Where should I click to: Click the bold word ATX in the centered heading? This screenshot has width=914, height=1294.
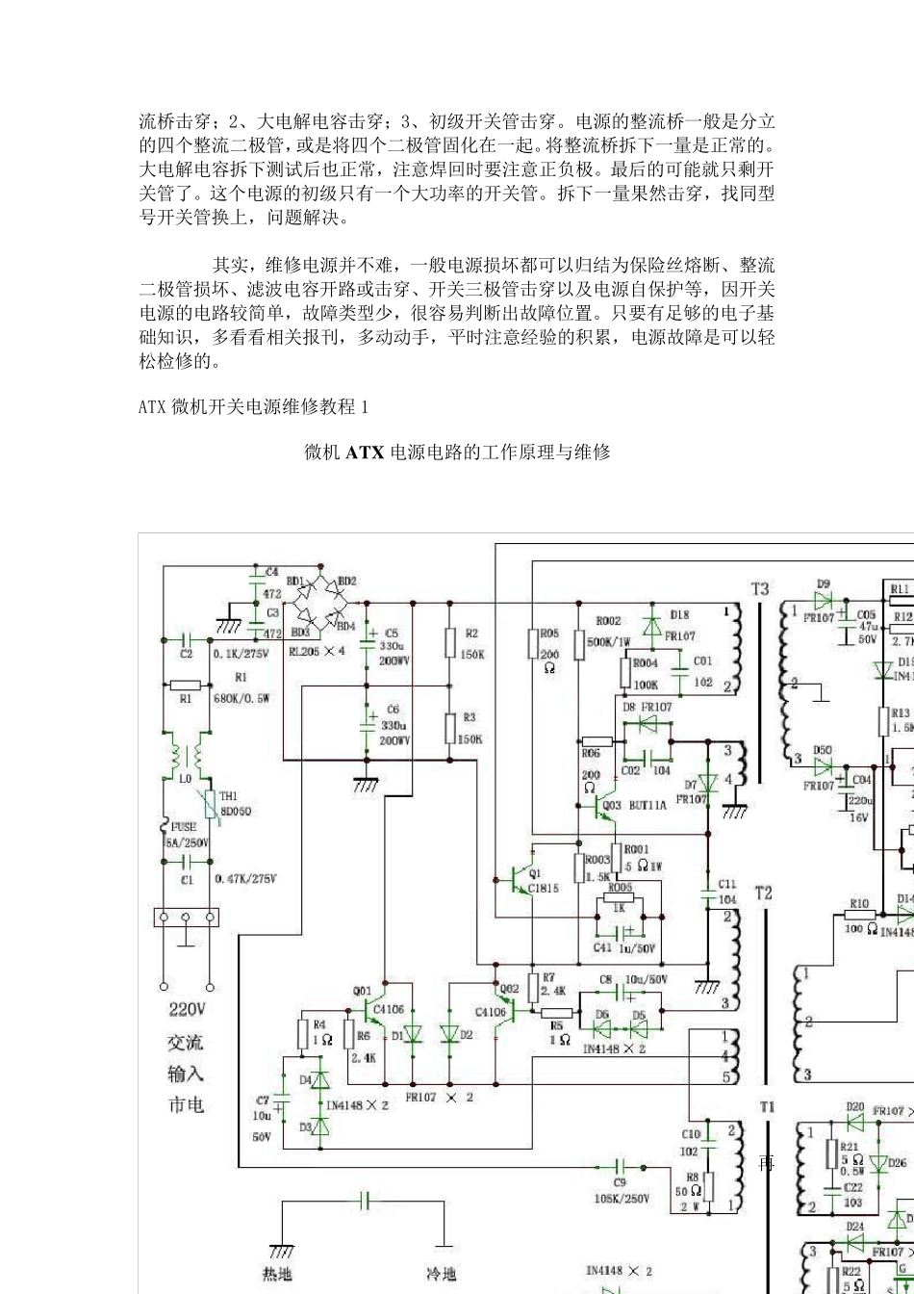pyautogui.click(x=366, y=452)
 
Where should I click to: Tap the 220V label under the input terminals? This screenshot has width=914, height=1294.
pyautogui.click(x=187, y=1010)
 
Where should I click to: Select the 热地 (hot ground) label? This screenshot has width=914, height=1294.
pyautogui.click(x=278, y=1274)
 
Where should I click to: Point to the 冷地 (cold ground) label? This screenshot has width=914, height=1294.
pyautogui.click(x=443, y=1274)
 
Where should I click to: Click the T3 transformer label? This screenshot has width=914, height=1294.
pyautogui.click(x=760, y=588)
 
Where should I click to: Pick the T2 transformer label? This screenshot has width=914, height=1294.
pyautogui.click(x=762, y=893)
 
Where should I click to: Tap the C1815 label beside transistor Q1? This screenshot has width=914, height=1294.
pyautogui.click(x=544, y=888)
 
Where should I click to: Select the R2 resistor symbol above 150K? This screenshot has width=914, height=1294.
pyautogui.click(x=449, y=643)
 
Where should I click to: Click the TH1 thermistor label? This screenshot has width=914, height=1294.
pyautogui.click(x=228, y=796)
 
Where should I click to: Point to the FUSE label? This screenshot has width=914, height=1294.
pyautogui.click(x=183, y=826)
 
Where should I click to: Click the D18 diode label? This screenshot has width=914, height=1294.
pyautogui.click(x=679, y=614)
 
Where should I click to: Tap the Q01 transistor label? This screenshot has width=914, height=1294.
pyautogui.click(x=362, y=990)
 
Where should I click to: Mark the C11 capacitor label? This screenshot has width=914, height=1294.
pyautogui.click(x=726, y=883)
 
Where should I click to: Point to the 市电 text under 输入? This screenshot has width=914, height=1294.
pyautogui.click(x=187, y=1104)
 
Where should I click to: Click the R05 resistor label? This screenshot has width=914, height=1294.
pyautogui.click(x=548, y=633)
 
